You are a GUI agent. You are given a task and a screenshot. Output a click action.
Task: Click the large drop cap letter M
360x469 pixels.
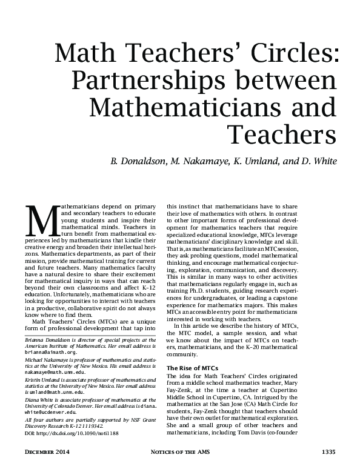tap(43, 222)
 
